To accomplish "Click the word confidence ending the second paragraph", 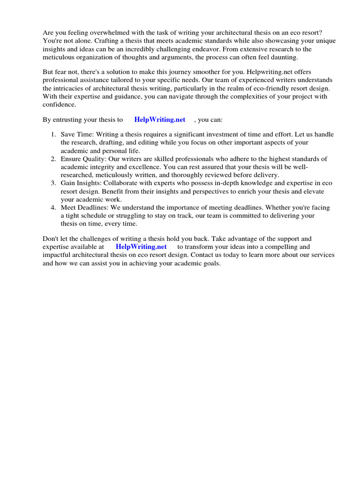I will pyautogui.click(x=59, y=105).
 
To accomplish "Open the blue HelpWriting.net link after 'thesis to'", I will pyautogui.click(x=160, y=120).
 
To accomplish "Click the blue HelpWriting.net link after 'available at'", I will pyautogui.click(x=141, y=247).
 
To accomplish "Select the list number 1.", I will pyautogui.click(x=53, y=135).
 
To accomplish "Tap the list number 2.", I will pyautogui.click(x=53, y=159).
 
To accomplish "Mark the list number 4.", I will pyautogui.click(x=53, y=208).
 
